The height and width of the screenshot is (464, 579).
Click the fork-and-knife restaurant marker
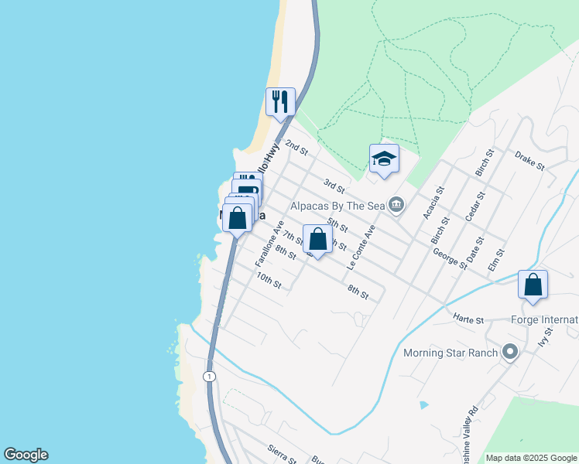coord(280,101)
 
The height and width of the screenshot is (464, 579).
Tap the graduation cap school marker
coord(384,159)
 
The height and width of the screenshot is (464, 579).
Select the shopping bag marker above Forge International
coord(533,285)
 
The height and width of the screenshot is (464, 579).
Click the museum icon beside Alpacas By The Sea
coord(396,205)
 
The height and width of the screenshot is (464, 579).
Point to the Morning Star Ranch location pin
coord(509,353)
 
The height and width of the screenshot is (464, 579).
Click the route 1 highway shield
coord(209,376)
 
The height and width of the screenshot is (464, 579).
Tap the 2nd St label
coord(296,146)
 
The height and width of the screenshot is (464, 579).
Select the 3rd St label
coord(334,186)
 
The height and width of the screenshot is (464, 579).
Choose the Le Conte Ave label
coord(361,247)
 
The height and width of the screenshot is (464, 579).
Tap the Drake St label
coord(529,160)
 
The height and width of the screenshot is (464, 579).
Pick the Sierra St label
coord(282,453)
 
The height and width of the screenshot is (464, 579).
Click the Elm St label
coord(496,259)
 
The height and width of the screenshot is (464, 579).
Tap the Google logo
coord(26,455)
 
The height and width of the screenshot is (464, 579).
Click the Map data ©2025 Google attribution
coord(531,458)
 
